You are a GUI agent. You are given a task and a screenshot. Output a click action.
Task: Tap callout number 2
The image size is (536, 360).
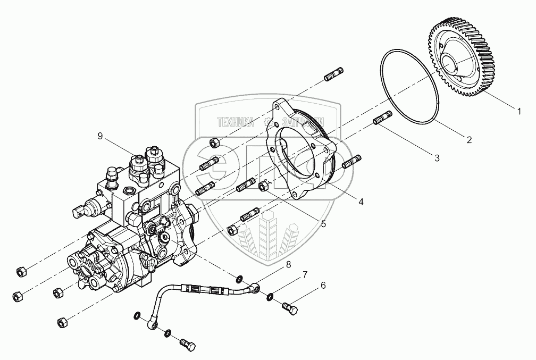pyautogui.click(x=469, y=140)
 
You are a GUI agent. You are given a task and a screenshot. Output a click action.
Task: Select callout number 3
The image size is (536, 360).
pyautogui.click(x=437, y=158)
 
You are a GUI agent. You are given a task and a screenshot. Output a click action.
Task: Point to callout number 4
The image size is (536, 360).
pyautogui.click(x=361, y=202)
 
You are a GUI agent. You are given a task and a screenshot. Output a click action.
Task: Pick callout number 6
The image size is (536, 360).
pyautogui.click(x=322, y=286)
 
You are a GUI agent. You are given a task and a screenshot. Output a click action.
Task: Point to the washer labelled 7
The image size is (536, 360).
pyautogui.click(x=271, y=296)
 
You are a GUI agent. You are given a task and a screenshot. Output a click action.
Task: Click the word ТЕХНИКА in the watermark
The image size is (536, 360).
pyautogui.click(x=236, y=122)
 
